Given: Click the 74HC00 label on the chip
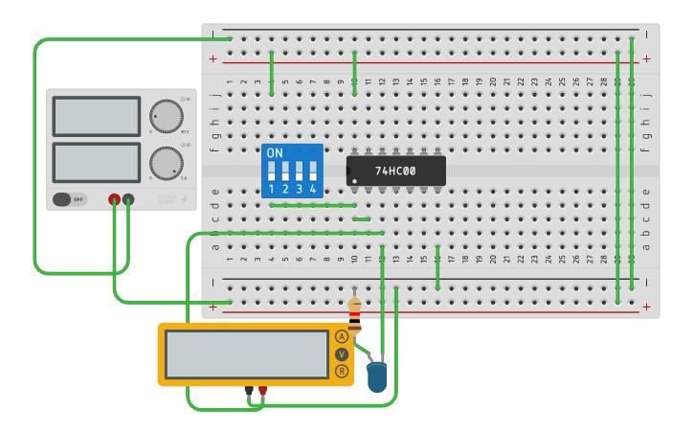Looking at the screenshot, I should coord(395,171).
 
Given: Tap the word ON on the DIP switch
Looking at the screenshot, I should coord(275,153).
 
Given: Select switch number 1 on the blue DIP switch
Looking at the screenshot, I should coord(272,171).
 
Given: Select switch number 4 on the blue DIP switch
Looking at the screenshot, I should coord(312,171).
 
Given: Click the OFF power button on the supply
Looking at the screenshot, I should coord(69,199).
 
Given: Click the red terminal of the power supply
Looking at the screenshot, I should coord(114,199).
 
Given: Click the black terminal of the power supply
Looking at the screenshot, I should coord(128,199).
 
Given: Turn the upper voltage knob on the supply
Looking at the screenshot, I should coord(167,116).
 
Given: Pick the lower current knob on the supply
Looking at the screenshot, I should coord(167,163).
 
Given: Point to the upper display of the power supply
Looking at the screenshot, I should coord(97,116).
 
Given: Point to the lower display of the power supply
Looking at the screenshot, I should coord(97,162).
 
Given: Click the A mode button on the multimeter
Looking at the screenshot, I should coord(342,336).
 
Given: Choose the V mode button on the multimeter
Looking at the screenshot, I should coord(342,354).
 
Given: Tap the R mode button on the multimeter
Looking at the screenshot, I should coord(342,371).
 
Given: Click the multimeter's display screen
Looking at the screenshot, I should coord(247,354).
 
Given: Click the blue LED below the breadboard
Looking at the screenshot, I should coord(377,376).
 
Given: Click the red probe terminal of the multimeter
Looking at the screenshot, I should coord(262,391).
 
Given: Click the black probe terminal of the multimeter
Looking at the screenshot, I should coord(249,391).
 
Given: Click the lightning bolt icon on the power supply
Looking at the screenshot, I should coord(185,199).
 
